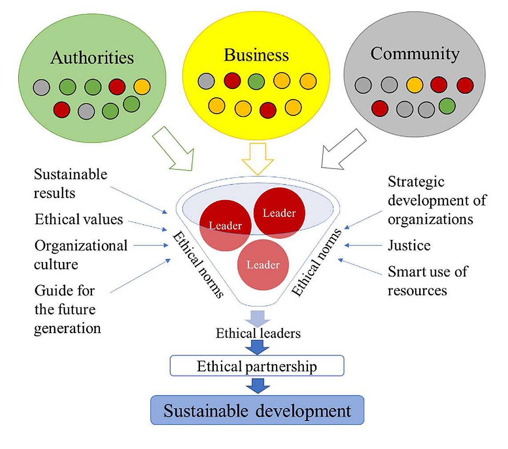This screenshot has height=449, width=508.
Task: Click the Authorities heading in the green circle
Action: pos(92,57)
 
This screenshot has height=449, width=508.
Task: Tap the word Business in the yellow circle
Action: pos(256,55)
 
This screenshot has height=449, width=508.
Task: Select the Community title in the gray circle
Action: pos(415,54)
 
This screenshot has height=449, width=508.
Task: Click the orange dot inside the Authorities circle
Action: pos(142,87)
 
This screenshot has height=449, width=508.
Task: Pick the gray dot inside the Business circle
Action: pos(206,81)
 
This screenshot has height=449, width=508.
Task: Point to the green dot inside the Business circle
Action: pos(256,81)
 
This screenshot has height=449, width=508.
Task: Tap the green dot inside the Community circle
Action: pos(447,106)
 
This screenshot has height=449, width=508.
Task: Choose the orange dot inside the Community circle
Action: pos(414,84)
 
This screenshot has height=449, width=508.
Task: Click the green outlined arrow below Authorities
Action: pos(173,149)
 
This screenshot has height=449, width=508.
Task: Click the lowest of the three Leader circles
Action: pos(263,266)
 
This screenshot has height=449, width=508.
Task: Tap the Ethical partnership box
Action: pos(257,367)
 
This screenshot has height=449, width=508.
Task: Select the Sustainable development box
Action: pos(257,411)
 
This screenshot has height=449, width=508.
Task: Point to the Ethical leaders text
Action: pos(258,333)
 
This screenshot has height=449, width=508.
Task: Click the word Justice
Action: pos(409,245)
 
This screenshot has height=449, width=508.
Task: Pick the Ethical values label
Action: pos(79,219)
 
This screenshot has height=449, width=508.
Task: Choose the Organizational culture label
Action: pos(80,254)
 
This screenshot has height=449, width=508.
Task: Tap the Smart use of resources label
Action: pos(427,280)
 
